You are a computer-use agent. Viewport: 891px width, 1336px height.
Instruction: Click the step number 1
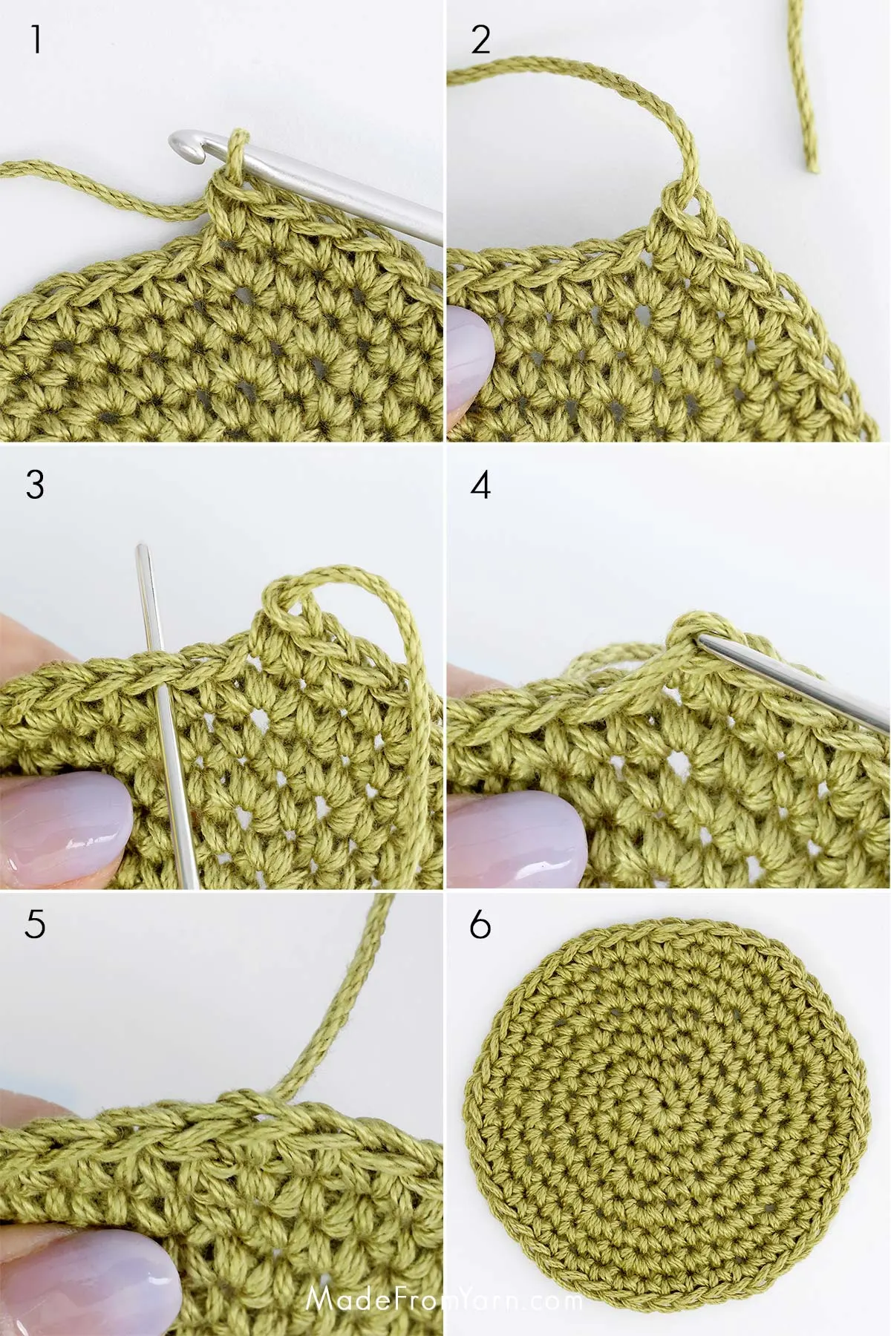(x=35, y=39)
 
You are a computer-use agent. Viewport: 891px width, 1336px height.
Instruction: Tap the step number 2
(x=480, y=39)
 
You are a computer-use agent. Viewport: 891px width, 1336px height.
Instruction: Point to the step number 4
(x=480, y=485)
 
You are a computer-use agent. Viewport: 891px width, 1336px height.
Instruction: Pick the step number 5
(x=35, y=924)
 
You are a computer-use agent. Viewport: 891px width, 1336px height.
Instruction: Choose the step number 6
(x=480, y=925)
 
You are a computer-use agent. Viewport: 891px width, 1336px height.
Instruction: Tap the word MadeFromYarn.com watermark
(x=444, y=1300)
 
